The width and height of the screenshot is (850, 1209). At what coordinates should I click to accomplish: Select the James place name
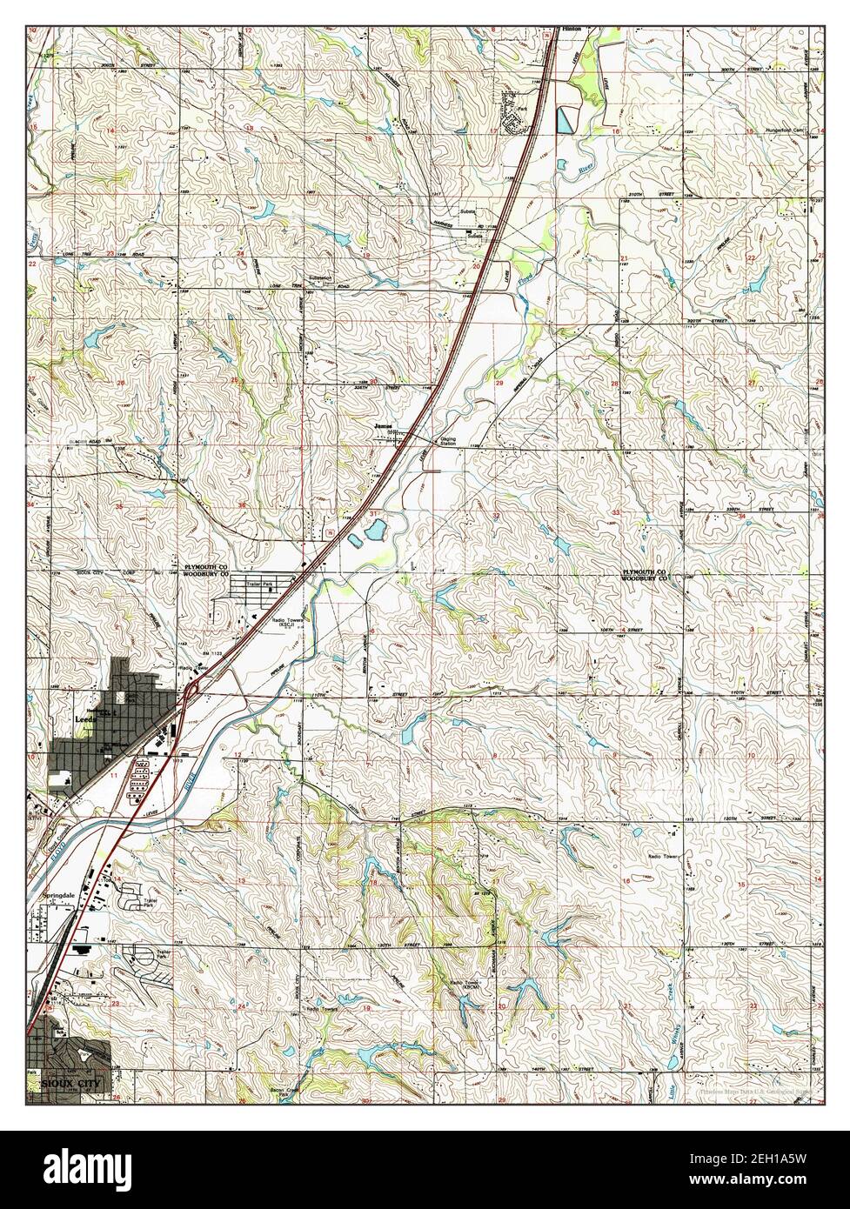(384, 426)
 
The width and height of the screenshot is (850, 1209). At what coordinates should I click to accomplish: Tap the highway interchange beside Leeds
(191, 692)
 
